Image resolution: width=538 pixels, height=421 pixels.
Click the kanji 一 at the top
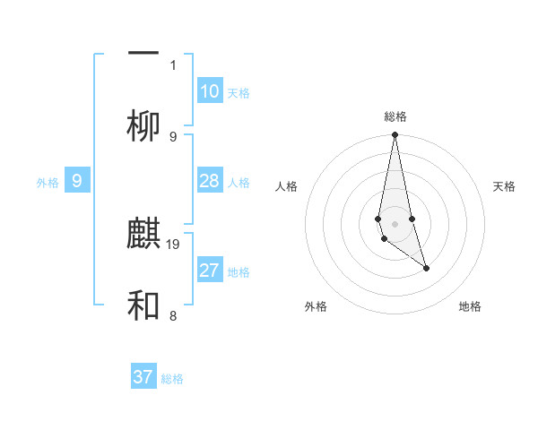tap(143, 55)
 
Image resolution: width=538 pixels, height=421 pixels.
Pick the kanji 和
tap(143, 306)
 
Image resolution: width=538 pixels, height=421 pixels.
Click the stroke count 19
tap(174, 244)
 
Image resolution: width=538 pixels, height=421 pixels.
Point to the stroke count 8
tap(173, 315)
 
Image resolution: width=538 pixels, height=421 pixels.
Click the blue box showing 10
tap(210, 91)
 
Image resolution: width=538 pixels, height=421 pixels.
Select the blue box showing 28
tap(210, 181)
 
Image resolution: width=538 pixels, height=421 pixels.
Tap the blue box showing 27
tap(210, 271)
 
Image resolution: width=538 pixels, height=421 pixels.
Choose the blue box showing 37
tap(143, 377)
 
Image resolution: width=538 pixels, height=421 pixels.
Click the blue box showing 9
tap(77, 181)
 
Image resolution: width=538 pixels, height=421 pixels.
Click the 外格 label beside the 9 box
tap(48, 183)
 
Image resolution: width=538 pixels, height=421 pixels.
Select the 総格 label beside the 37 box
tap(172, 379)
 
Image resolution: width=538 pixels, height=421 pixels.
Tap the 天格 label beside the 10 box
tap(239, 93)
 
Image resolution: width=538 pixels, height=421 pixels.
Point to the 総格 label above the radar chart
tap(395, 116)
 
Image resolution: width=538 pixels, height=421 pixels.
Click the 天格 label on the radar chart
tap(505, 186)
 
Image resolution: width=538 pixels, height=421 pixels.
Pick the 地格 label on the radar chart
tap(470, 306)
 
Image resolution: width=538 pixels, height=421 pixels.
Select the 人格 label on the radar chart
tap(287, 186)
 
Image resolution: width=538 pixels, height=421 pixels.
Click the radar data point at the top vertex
tap(395, 135)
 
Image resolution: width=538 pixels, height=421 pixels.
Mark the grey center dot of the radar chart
tap(395, 223)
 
